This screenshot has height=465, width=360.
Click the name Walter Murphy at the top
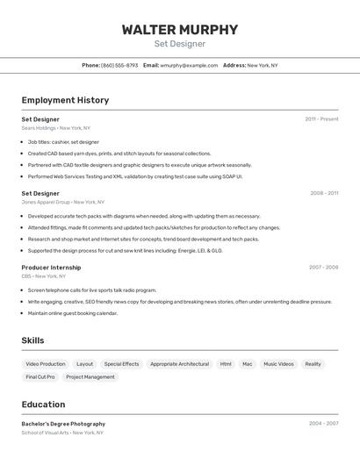180,30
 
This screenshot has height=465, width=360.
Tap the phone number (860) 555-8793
119,65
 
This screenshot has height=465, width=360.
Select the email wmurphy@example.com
189,65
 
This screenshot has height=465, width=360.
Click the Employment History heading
65,100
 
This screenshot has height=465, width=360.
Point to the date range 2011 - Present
321,119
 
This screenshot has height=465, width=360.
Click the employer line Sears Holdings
56,128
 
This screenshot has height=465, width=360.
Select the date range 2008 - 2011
323,193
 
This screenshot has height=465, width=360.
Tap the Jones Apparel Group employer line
60,202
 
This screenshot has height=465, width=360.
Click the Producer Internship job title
51,268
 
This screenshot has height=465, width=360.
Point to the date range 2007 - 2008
323,268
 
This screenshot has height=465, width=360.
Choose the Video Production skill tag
46,364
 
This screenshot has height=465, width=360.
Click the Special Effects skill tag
121,364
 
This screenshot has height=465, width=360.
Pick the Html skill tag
226,364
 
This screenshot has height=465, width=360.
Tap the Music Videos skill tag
278,364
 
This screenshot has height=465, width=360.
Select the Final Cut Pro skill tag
40,377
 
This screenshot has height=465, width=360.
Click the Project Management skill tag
90,377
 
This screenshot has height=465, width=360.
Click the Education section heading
43,404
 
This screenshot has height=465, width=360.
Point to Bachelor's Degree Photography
63,424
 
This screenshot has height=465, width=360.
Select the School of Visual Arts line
62,433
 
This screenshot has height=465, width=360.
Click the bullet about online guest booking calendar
72,313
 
